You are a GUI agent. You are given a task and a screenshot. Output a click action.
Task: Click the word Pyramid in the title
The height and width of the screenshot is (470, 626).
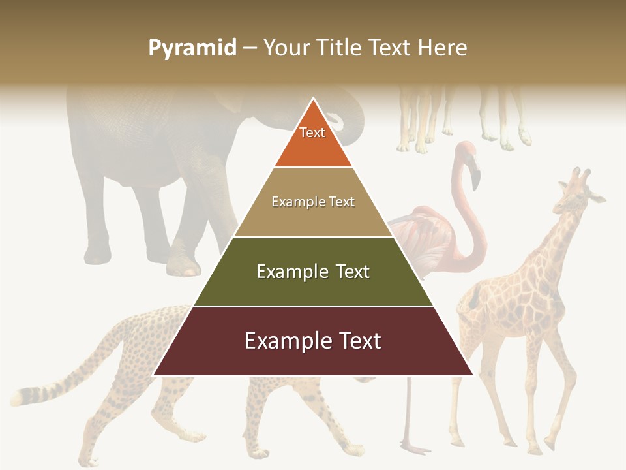pos(192,48)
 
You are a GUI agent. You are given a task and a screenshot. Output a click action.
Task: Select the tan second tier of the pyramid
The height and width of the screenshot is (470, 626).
pos(313,215)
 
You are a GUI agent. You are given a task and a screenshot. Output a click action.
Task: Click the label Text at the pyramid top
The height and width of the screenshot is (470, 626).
pos(312,133)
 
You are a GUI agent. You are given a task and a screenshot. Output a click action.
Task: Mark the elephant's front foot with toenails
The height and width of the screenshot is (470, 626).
pos(183,264)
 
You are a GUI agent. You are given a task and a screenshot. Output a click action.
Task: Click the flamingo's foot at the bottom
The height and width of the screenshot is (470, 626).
pos(414,448)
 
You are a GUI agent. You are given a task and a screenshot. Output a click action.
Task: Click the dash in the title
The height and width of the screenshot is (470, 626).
pos(250,48)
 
